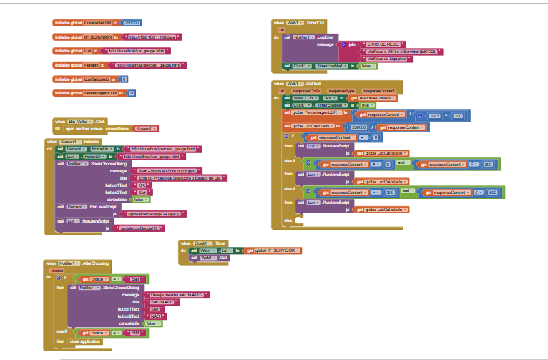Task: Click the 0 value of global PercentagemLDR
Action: point(132,93)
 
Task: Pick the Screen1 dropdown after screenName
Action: point(144,128)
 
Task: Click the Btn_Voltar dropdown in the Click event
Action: point(77,122)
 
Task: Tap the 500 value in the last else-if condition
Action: point(493,193)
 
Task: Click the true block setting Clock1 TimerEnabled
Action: point(366,104)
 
